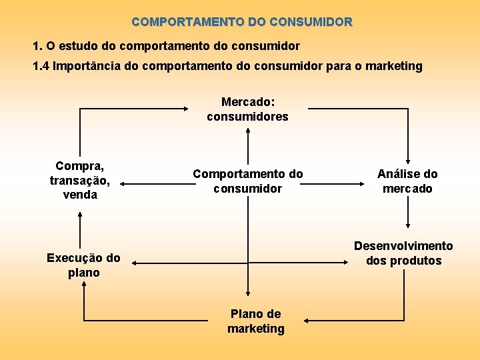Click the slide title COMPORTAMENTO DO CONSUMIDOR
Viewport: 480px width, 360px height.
[242, 22]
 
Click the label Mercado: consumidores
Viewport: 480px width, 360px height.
[247, 109]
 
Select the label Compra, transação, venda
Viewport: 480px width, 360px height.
[80, 180]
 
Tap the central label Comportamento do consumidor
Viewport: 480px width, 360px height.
[247, 181]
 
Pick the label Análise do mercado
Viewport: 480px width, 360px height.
[407, 181]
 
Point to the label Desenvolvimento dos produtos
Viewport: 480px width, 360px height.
[403, 253]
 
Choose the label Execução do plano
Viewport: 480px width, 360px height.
[83, 265]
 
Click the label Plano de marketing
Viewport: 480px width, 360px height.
[255, 321]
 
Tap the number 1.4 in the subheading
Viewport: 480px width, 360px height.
[41, 66]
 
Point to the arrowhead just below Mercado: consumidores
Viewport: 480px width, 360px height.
[248, 131]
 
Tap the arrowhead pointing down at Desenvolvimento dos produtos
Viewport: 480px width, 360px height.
[408, 227]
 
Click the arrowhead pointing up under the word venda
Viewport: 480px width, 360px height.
[81, 215]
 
